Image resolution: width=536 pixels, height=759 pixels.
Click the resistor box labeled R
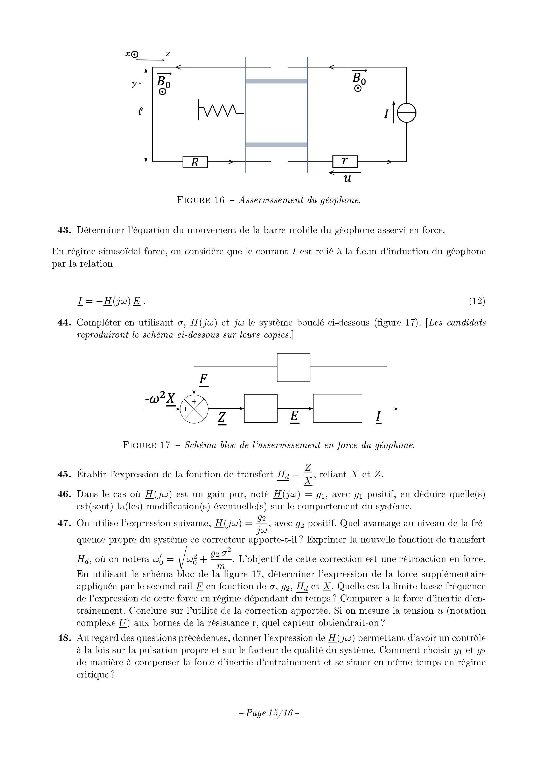(x=195, y=162)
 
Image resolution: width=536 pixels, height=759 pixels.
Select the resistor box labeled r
(x=345, y=161)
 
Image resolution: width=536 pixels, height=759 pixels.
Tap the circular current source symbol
(x=406, y=113)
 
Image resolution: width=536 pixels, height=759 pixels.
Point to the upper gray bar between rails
(x=276, y=81)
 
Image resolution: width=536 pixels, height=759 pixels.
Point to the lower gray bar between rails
(x=276, y=145)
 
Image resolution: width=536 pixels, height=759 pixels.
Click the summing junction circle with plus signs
(x=194, y=409)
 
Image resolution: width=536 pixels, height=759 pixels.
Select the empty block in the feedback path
(x=293, y=367)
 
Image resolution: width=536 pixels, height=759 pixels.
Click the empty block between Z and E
(x=261, y=408)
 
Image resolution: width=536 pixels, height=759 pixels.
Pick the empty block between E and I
(x=337, y=408)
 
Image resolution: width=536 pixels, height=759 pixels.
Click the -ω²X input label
(x=160, y=399)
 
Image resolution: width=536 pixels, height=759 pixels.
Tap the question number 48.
(x=64, y=638)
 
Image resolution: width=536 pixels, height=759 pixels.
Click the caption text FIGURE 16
(x=200, y=200)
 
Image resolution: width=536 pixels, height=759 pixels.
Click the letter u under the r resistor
(x=347, y=179)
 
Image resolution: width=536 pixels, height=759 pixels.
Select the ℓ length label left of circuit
(x=140, y=111)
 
